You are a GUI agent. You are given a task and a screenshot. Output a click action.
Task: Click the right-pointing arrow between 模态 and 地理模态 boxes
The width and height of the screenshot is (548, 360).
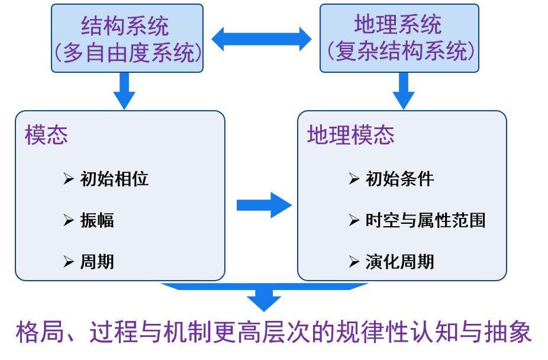(x=264, y=205)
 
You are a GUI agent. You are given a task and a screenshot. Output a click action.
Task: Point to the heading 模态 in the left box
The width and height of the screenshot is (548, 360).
(x=46, y=136)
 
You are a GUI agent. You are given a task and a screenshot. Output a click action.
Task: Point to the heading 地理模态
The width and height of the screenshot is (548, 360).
(x=350, y=136)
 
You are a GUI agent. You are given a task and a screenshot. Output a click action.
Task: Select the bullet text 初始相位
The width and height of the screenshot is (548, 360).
(x=114, y=179)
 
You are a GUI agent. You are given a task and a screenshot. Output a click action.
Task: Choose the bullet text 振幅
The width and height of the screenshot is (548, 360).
(x=97, y=220)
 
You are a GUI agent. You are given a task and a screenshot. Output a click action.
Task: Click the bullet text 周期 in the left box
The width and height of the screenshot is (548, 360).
(x=97, y=261)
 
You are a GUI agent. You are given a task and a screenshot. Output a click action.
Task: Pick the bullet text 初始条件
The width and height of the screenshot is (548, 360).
(x=400, y=179)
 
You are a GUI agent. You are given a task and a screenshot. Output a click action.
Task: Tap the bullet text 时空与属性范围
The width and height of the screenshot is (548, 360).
(x=425, y=220)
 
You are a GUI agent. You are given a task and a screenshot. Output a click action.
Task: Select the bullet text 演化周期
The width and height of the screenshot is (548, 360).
(x=400, y=261)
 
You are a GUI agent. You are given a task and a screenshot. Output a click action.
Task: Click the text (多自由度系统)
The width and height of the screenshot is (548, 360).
(x=127, y=53)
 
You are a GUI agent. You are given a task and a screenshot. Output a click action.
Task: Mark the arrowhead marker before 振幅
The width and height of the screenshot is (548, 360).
(x=68, y=220)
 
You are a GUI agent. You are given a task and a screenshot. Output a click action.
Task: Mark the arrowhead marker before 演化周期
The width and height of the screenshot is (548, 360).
(x=354, y=261)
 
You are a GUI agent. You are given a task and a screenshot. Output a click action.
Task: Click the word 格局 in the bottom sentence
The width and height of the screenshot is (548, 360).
(x=37, y=333)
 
